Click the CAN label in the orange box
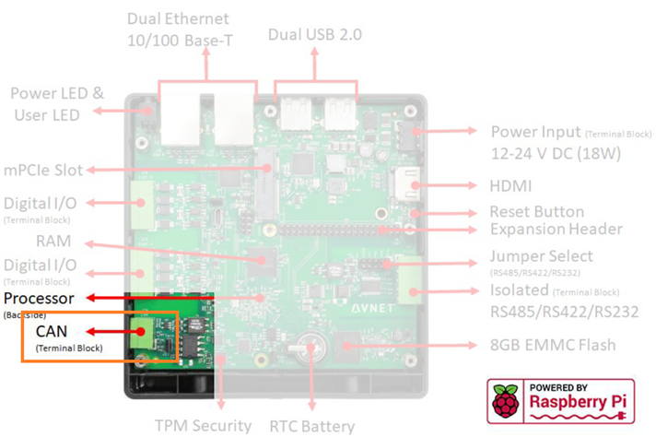click(51, 330)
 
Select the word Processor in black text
click(39, 299)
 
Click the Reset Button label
click(536, 212)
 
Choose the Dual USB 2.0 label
click(315, 34)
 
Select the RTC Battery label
click(313, 426)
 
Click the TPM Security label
click(203, 426)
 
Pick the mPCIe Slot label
click(42, 170)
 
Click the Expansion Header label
click(556, 230)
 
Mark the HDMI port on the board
click(407, 186)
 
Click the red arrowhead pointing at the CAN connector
click(141, 330)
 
